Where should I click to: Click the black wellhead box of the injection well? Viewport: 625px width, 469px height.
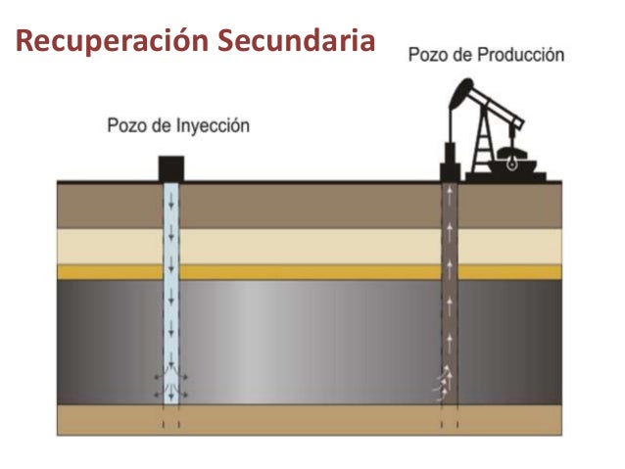coord(171,168)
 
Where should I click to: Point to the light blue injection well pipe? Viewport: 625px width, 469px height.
coord(171,294)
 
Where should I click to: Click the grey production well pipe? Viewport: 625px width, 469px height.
coord(449,294)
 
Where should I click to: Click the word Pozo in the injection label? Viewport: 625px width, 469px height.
coord(124,125)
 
